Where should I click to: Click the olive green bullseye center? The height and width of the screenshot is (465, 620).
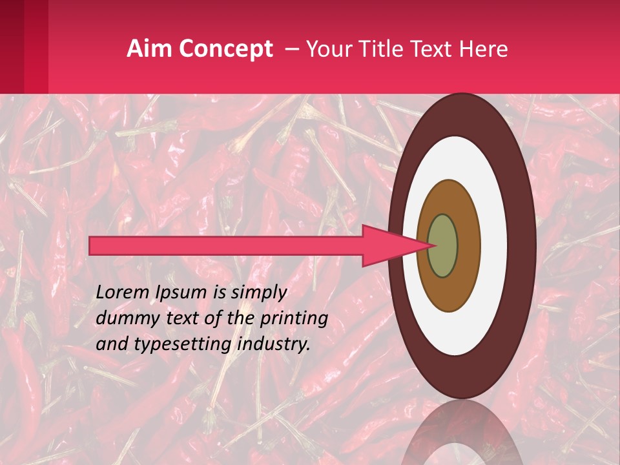click(443, 245)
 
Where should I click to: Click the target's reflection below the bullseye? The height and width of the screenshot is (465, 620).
click(462, 436)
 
